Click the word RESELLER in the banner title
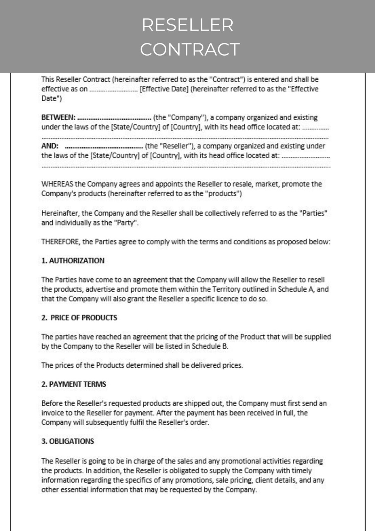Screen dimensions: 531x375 click(187, 25)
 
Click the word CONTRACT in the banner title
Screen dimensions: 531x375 click(190, 49)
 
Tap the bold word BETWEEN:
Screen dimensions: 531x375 click(58, 117)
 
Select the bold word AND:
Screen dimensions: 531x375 click(50, 146)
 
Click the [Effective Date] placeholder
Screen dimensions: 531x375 click(164, 89)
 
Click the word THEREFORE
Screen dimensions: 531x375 click(60, 242)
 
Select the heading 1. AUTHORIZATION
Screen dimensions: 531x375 click(73, 261)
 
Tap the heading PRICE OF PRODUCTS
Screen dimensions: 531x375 click(84, 318)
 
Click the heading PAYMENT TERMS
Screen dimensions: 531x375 click(77, 384)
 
